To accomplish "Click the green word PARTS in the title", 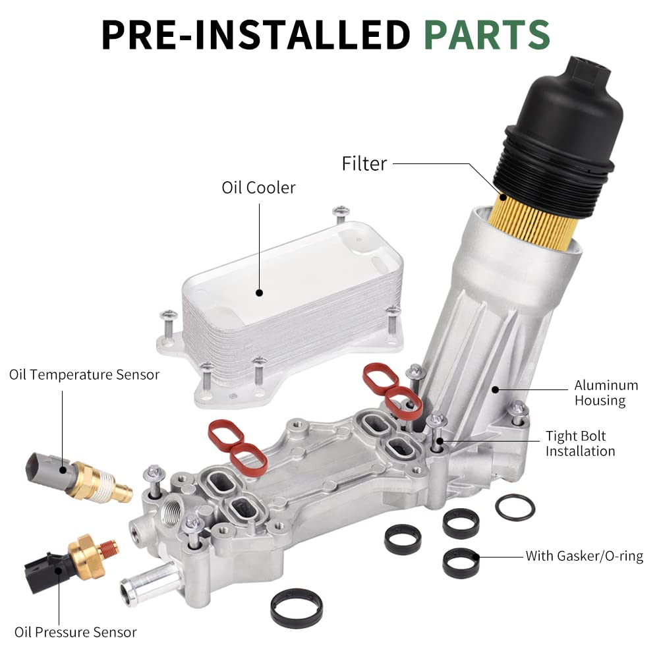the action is tap(487, 34).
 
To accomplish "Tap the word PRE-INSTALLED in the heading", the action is tap(256, 34).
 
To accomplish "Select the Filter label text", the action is tap(364, 163).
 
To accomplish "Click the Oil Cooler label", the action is tap(258, 187).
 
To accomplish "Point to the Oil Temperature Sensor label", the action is tap(84, 374).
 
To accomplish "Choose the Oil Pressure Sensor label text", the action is tap(76, 632).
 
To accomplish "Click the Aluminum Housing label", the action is tap(606, 393).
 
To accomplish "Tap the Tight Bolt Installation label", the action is tap(580, 444).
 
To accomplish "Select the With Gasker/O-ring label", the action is tap(584, 556).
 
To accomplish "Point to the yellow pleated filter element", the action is tap(534, 223).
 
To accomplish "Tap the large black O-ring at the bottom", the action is tap(297, 608).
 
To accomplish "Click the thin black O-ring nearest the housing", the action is tap(515, 507).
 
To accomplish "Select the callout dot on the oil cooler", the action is tap(259, 293).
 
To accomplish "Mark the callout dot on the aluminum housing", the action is tap(495, 389).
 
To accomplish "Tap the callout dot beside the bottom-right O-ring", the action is tap(476, 558).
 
